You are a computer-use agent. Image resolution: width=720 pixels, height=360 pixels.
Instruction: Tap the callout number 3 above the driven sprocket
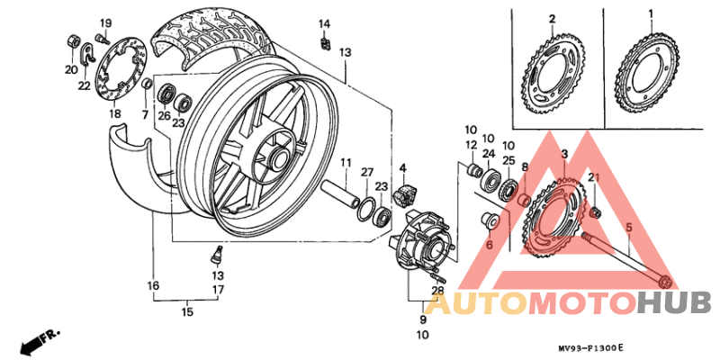tap(563, 156)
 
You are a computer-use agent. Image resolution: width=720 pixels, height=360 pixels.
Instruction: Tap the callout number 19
tap(105, 22)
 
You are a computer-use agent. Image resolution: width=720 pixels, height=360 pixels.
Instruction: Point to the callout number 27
tap(366, 171)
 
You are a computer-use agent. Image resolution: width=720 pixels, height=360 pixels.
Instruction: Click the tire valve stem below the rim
tap(215, 254)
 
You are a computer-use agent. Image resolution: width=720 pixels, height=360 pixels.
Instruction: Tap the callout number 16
tap(154, 286)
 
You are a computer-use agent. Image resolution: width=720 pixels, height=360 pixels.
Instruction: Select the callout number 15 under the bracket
tap(187, 312)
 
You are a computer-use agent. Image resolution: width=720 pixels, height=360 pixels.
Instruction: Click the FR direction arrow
tap(36, 341)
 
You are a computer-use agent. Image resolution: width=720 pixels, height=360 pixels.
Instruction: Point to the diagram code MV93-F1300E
tap(589, 347)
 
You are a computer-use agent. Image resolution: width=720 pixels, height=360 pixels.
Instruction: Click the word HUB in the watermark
tap(674, 304)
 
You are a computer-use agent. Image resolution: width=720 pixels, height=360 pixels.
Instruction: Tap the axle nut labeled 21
tap(595, 211)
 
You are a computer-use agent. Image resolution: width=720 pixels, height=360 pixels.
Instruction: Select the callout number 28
tap(437, 289)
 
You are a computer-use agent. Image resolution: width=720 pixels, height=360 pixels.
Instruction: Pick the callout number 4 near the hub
tap(403, 168)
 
